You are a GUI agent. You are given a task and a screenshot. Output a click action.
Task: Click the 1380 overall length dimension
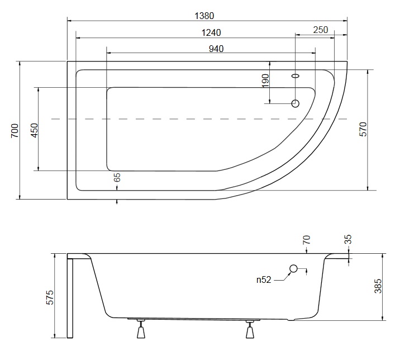click(x=204, y=16)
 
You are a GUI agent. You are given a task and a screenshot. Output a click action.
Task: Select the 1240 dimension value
click(x=211, y=32)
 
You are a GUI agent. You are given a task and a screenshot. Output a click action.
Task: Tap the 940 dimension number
click(x=216, y=49)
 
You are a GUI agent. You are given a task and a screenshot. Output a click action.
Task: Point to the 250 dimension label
click(x=321, y=30)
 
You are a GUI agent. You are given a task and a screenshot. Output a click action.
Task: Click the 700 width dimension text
click(x=15, y=130)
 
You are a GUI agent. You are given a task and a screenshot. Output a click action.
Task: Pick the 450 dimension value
click(x=35, y=130)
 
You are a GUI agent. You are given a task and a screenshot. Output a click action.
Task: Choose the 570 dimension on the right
click(x=363, y=130)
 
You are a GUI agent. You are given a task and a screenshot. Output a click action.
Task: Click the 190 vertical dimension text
click(x=265, y=80)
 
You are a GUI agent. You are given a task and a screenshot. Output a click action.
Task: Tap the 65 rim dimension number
click(x=117, y=178)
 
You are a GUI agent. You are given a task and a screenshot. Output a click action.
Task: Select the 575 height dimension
click(x=50, y=297)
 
